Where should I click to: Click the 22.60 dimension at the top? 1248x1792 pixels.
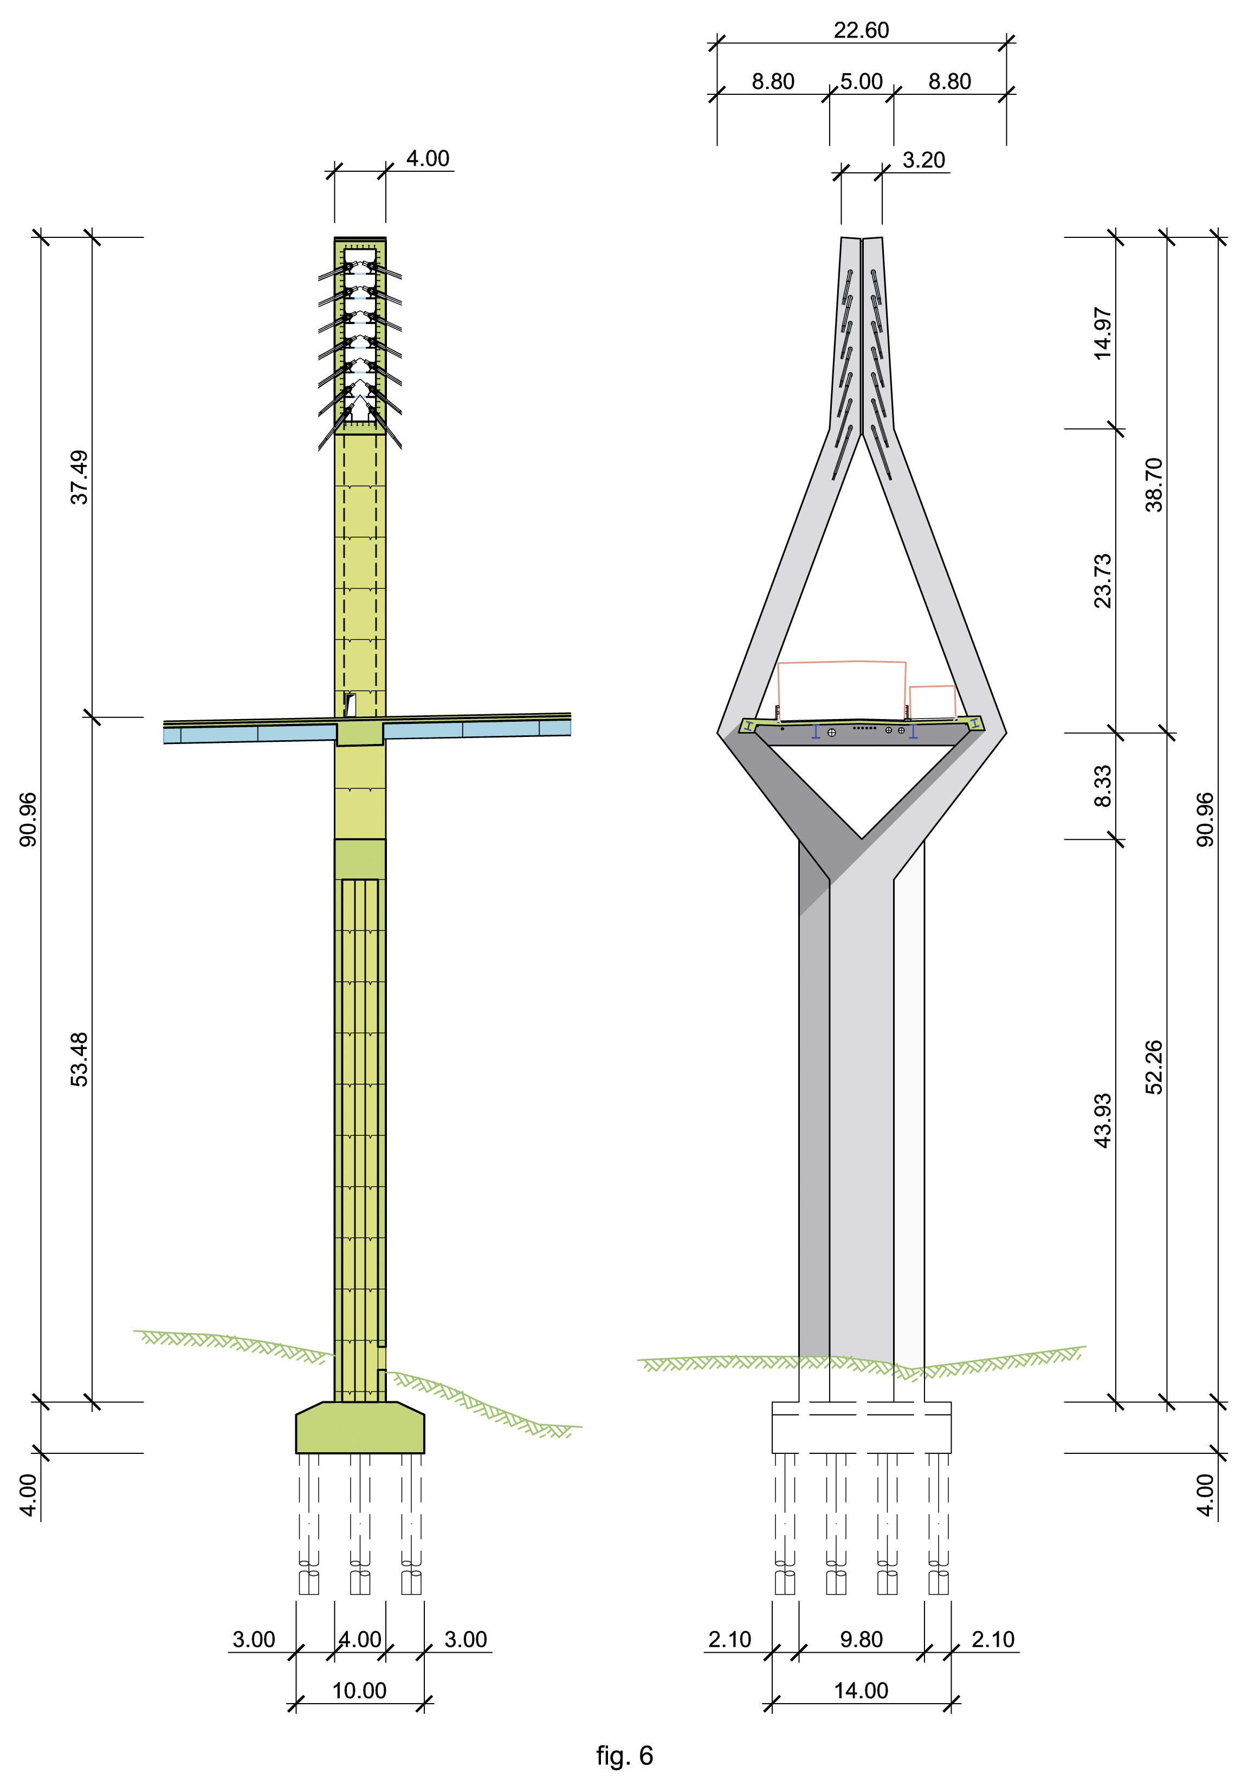[x=861, y=30]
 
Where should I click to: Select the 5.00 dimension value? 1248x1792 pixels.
[x=862, y=81]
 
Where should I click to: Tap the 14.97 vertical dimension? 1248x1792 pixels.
[x=1102, y=333]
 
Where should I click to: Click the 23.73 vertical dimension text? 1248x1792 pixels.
[x=1102, y=581]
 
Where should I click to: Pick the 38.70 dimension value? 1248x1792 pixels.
[x=1154, y=484]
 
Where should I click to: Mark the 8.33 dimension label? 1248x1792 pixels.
[x=1102, y=786]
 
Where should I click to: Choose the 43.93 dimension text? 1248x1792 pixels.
[x=1102, y=1121]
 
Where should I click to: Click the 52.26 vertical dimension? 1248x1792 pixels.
[x=1154, y=1068]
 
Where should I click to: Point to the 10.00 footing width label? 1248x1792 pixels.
[x=359, y=1691]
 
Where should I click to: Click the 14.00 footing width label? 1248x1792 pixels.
[x=861, y=1691]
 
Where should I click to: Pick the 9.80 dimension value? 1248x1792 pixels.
[x=862, y=1639]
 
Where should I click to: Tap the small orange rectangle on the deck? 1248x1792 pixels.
[x=933, y=702]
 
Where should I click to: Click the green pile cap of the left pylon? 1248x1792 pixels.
[x=360, y=1427]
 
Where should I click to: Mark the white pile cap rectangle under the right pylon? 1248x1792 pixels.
[x=862, y=1427]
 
